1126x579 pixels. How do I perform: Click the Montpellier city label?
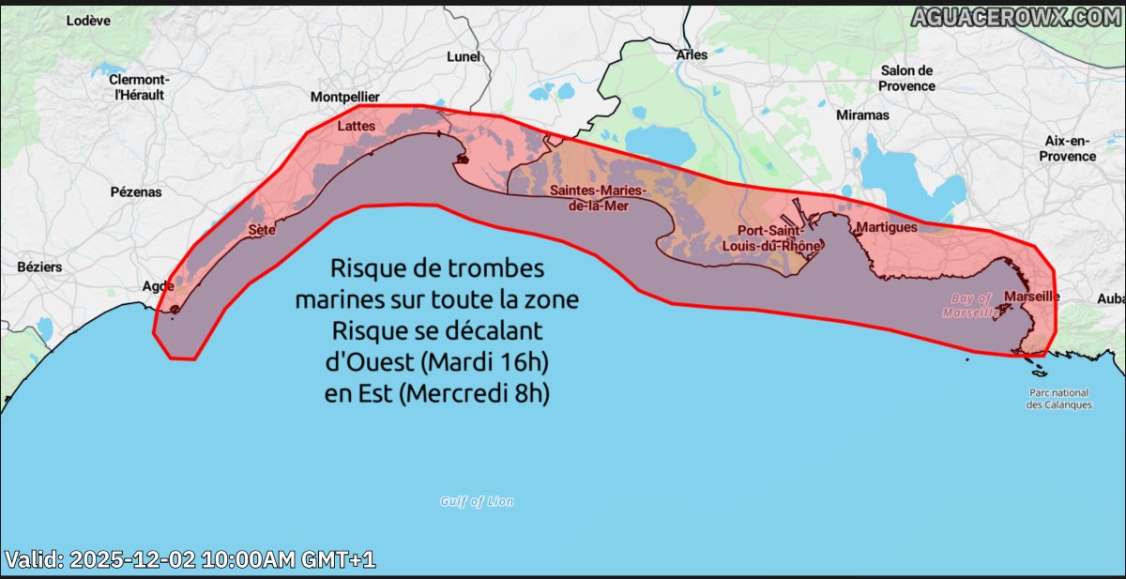tap(345, 97)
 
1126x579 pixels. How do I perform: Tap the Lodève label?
tap(88, 21)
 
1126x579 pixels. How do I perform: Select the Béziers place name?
tap(39, 267)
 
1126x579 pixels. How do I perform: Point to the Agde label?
tap(157, 286)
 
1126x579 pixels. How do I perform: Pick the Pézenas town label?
tap(135, 191)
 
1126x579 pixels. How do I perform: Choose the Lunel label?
tap(464, 56)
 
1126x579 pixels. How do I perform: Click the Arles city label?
tap(692, 55)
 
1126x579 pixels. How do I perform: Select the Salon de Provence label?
tap(907, 78)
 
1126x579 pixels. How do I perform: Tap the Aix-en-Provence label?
tap(1067, 148)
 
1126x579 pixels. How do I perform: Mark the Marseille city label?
tap(1031, 297)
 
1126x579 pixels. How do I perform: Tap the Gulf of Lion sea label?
tap(477, 501)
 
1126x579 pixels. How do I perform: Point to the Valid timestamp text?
tap(190, 560)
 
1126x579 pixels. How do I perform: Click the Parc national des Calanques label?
tap(1058, 399)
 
